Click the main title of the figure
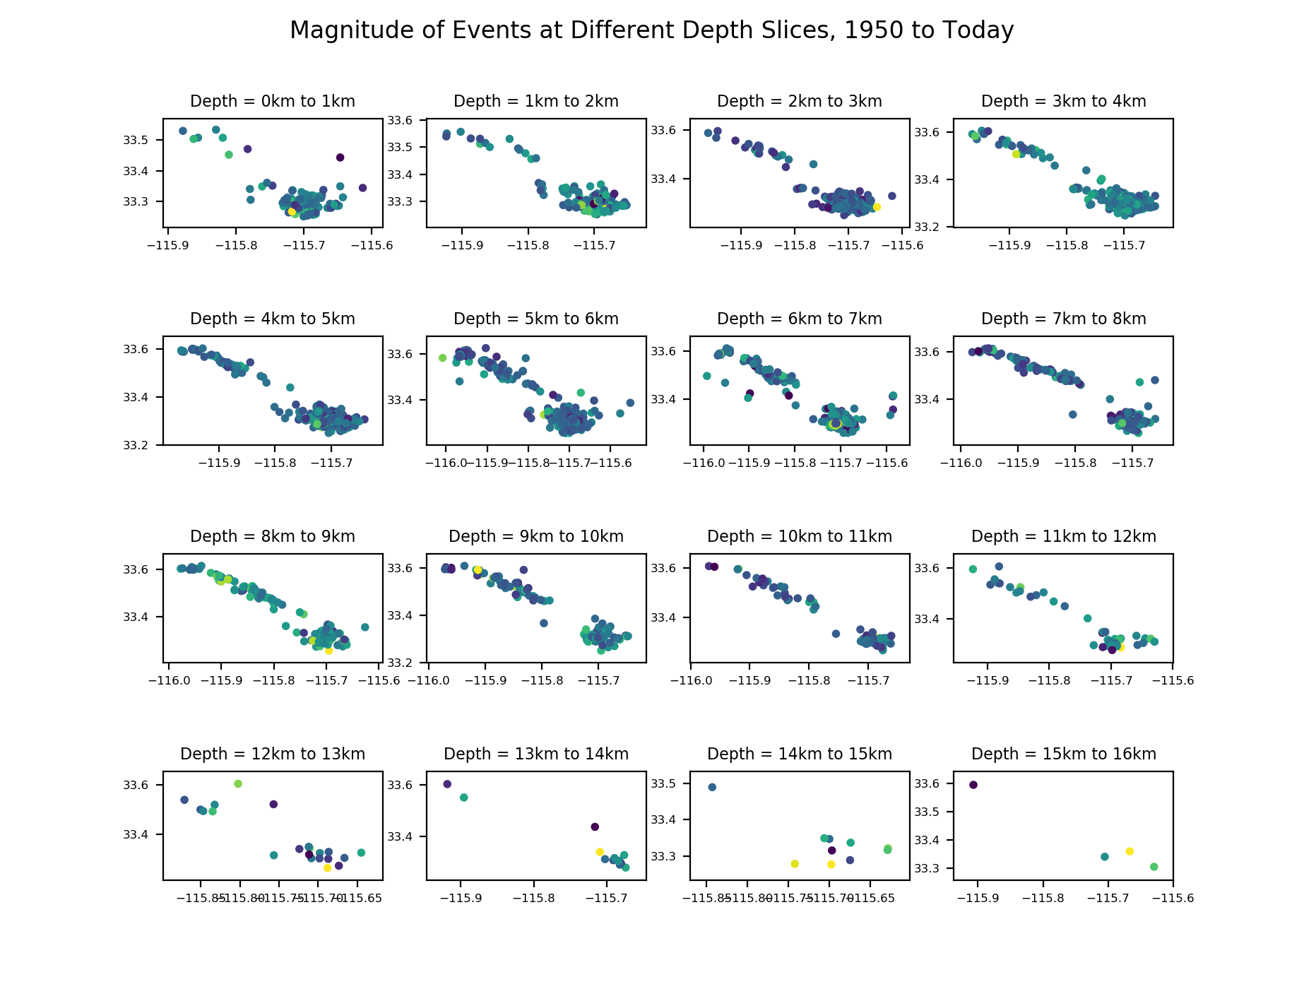click(651, 30)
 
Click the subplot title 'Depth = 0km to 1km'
click(273, 101)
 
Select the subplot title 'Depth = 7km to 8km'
click(1063, 319)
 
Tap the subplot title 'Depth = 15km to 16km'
click(1063, 754)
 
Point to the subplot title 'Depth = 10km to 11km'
click(800, 536)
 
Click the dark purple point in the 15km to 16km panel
click(973, 785)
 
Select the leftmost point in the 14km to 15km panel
click(712, 787)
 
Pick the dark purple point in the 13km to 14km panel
click(595, 827)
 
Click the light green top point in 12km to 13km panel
click(238, 783)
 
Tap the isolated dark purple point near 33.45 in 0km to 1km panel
click(340, 158)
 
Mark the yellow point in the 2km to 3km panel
click(877, 207)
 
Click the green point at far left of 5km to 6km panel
click(443, 357)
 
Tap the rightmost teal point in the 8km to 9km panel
click(364, 627)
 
